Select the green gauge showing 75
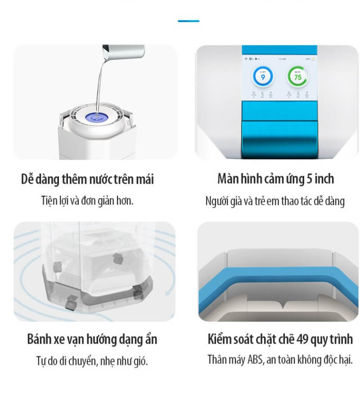tap(297, 77)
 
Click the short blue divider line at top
tap(189, 21)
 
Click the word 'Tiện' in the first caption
tap(49, 200)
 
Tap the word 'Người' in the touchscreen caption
tap(216, 201)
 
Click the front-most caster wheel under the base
tap(70, 305)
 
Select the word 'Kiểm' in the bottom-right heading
tap(220, 339)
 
